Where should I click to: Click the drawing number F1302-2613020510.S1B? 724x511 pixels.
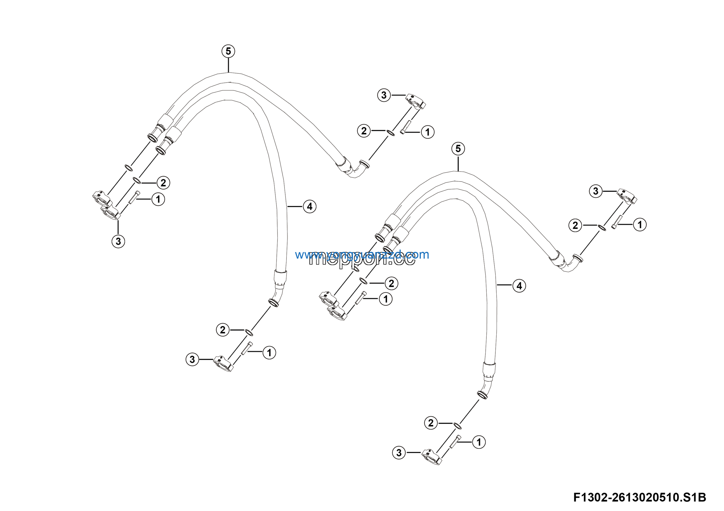point(639,497)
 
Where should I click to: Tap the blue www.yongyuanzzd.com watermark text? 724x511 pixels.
point(362,254)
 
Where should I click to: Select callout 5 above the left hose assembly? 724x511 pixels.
point(228,51)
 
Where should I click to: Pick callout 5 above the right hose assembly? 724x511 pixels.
point(458,148)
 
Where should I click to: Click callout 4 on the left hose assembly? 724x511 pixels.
point(310,207)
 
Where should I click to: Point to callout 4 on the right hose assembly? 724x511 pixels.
point(519,286)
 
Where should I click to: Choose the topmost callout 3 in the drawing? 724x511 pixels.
point(384,95)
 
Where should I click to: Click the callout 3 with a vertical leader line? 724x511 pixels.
point(118,241)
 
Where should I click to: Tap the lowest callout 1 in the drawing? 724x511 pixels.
point(479,442)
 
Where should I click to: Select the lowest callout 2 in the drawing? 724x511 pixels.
point(431,423)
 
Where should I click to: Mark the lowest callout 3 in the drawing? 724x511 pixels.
point(399,453)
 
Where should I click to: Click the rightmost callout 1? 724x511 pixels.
point(640,225)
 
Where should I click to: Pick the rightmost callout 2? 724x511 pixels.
point(575,225)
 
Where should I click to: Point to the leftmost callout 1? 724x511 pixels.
point(158,199)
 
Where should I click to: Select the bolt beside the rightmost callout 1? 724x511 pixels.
point(615,222)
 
